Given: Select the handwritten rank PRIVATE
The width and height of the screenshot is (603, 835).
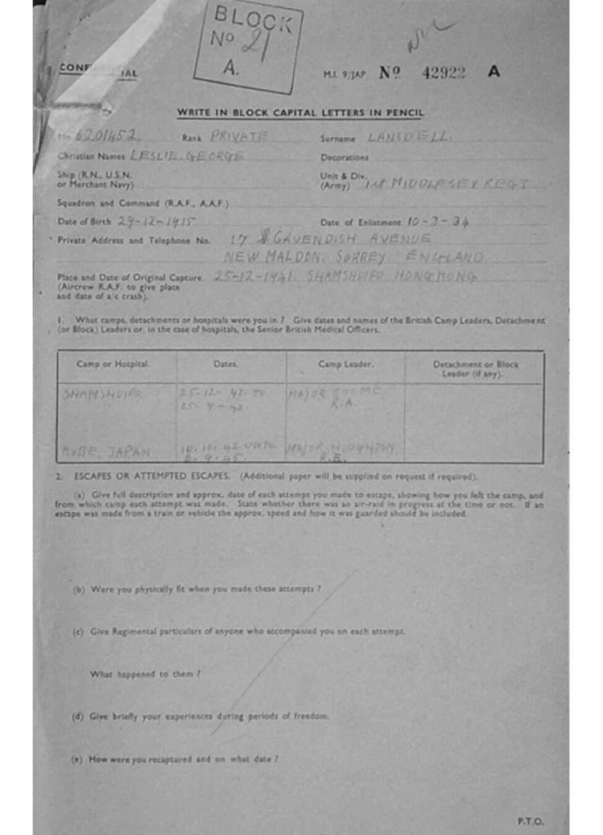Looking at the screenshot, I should pos(238,137).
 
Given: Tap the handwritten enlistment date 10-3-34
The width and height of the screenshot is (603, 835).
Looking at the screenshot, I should pos(438,221).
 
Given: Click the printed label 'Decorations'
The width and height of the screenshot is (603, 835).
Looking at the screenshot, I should pos(344,157).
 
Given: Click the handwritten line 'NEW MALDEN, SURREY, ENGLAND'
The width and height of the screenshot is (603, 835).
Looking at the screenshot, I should pos(352,258).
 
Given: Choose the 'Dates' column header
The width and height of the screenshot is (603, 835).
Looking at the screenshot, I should pos(231,364).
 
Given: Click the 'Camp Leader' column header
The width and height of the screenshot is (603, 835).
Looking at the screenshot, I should pos(345,364).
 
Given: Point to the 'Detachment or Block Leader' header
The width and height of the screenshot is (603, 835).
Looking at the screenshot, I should pos(474,368).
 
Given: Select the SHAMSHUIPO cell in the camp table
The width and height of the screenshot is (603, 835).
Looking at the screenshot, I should pos(102,394).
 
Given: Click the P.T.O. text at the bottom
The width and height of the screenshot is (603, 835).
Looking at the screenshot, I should pos(530,820).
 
